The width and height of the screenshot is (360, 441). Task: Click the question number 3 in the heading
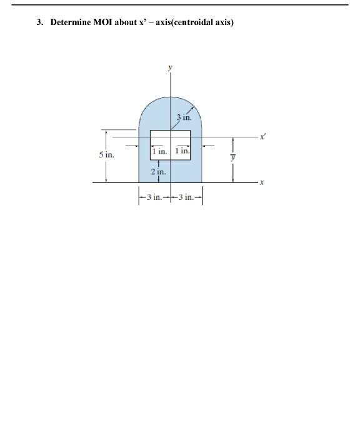(39, 22)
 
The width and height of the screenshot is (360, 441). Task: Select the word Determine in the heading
(71, 22)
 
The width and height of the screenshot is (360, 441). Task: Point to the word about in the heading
(126, 22)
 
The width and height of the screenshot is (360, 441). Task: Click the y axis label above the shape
(170, 67)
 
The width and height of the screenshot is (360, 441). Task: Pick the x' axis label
(262, 137)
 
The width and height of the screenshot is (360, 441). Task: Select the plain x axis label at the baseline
(262, 182)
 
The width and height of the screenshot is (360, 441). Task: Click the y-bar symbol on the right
(232, 157)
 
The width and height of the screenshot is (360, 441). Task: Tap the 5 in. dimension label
(107, 155)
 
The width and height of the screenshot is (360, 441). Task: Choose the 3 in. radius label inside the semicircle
(184, 117)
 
